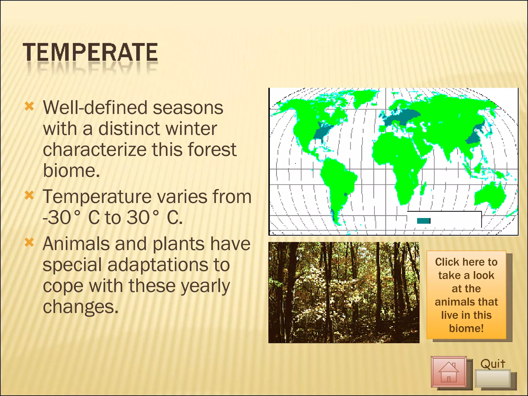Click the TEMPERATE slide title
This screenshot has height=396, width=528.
click(x=90, y=53)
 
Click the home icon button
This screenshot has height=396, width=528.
click(x=449, y=372)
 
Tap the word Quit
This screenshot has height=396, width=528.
click(x=493, y=364)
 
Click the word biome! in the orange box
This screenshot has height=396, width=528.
click(x=466, y=328)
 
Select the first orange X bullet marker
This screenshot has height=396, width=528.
click(x=29, y=106)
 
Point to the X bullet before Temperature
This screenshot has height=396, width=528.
click(x=29, y=195)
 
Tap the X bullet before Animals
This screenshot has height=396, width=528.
click(x=29, y=242)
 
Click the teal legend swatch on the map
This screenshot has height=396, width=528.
click(x=423, y=221)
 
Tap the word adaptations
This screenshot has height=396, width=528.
click(x=168, y=265)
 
